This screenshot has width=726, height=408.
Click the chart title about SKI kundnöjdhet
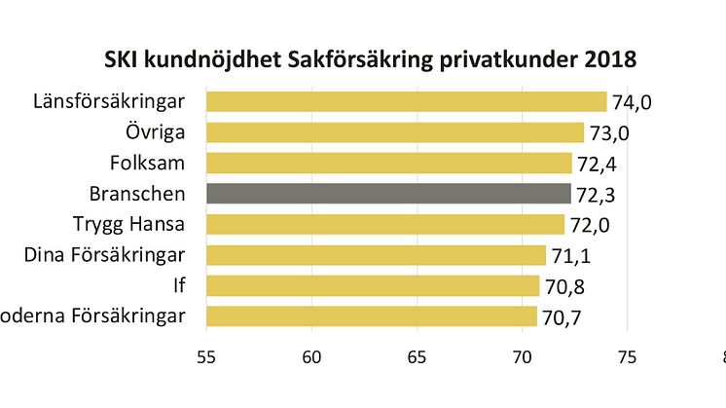370,60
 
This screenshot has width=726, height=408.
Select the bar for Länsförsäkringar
406,101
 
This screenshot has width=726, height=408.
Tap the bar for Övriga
394,132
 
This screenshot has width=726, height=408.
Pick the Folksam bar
388,163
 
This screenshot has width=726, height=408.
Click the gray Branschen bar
388,194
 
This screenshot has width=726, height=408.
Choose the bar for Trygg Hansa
384,225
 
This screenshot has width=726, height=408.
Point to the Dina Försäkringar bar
376,255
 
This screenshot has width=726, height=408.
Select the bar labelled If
373,285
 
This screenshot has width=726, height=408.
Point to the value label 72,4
597,165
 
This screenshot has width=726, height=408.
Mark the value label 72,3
596,196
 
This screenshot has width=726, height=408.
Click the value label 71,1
570,257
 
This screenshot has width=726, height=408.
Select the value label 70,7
562,318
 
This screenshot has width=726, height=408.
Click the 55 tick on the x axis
207,357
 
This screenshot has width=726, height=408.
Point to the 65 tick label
417,357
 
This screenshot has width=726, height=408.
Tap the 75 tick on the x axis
626,357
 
